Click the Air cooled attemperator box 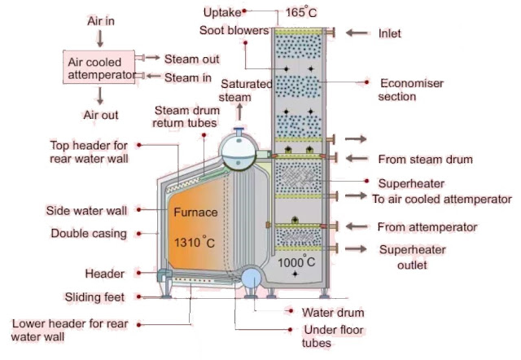[99, 67]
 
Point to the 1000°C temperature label [297, 263]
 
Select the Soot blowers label [234, 31]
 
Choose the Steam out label [192, 59]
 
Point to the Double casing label [88, 234]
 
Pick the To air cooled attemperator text [441, 198]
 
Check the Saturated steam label [235, 90]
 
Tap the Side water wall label [86, 210]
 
